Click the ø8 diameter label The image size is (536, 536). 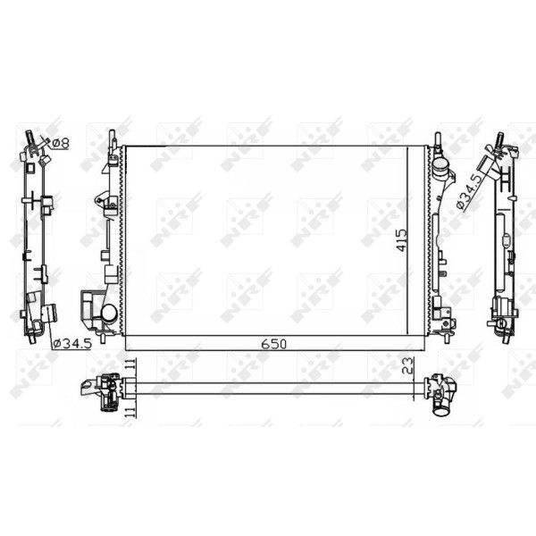point(61,143)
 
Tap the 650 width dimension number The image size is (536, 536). point(273,344)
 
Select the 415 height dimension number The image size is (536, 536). point(402,240)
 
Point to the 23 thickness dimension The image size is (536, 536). point(409,365)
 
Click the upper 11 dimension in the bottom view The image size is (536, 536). point(130,364)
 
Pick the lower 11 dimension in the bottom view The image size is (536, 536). point(130,412)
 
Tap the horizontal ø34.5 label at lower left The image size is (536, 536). point(73,343)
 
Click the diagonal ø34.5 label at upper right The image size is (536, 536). point(470,191)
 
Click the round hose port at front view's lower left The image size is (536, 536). point(109,313)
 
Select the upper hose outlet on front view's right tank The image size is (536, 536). point(441,168)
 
